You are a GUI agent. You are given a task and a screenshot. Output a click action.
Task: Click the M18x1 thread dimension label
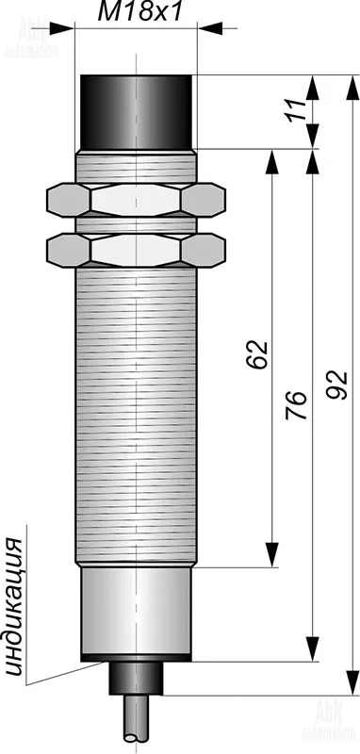coord(140,12)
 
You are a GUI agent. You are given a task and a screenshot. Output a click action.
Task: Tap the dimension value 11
coord(298,111)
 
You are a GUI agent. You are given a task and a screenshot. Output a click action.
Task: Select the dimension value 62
coord(257,355)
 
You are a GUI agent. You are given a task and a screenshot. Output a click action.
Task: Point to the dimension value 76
coord(296,405)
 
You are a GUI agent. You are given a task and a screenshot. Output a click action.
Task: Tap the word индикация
coord(15,607)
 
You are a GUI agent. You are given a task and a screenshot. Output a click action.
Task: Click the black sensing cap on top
coord(137,112)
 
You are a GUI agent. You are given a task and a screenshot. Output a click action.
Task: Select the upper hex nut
coord(136,199)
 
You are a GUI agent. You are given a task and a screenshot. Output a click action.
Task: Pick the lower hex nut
coord(136,250)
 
